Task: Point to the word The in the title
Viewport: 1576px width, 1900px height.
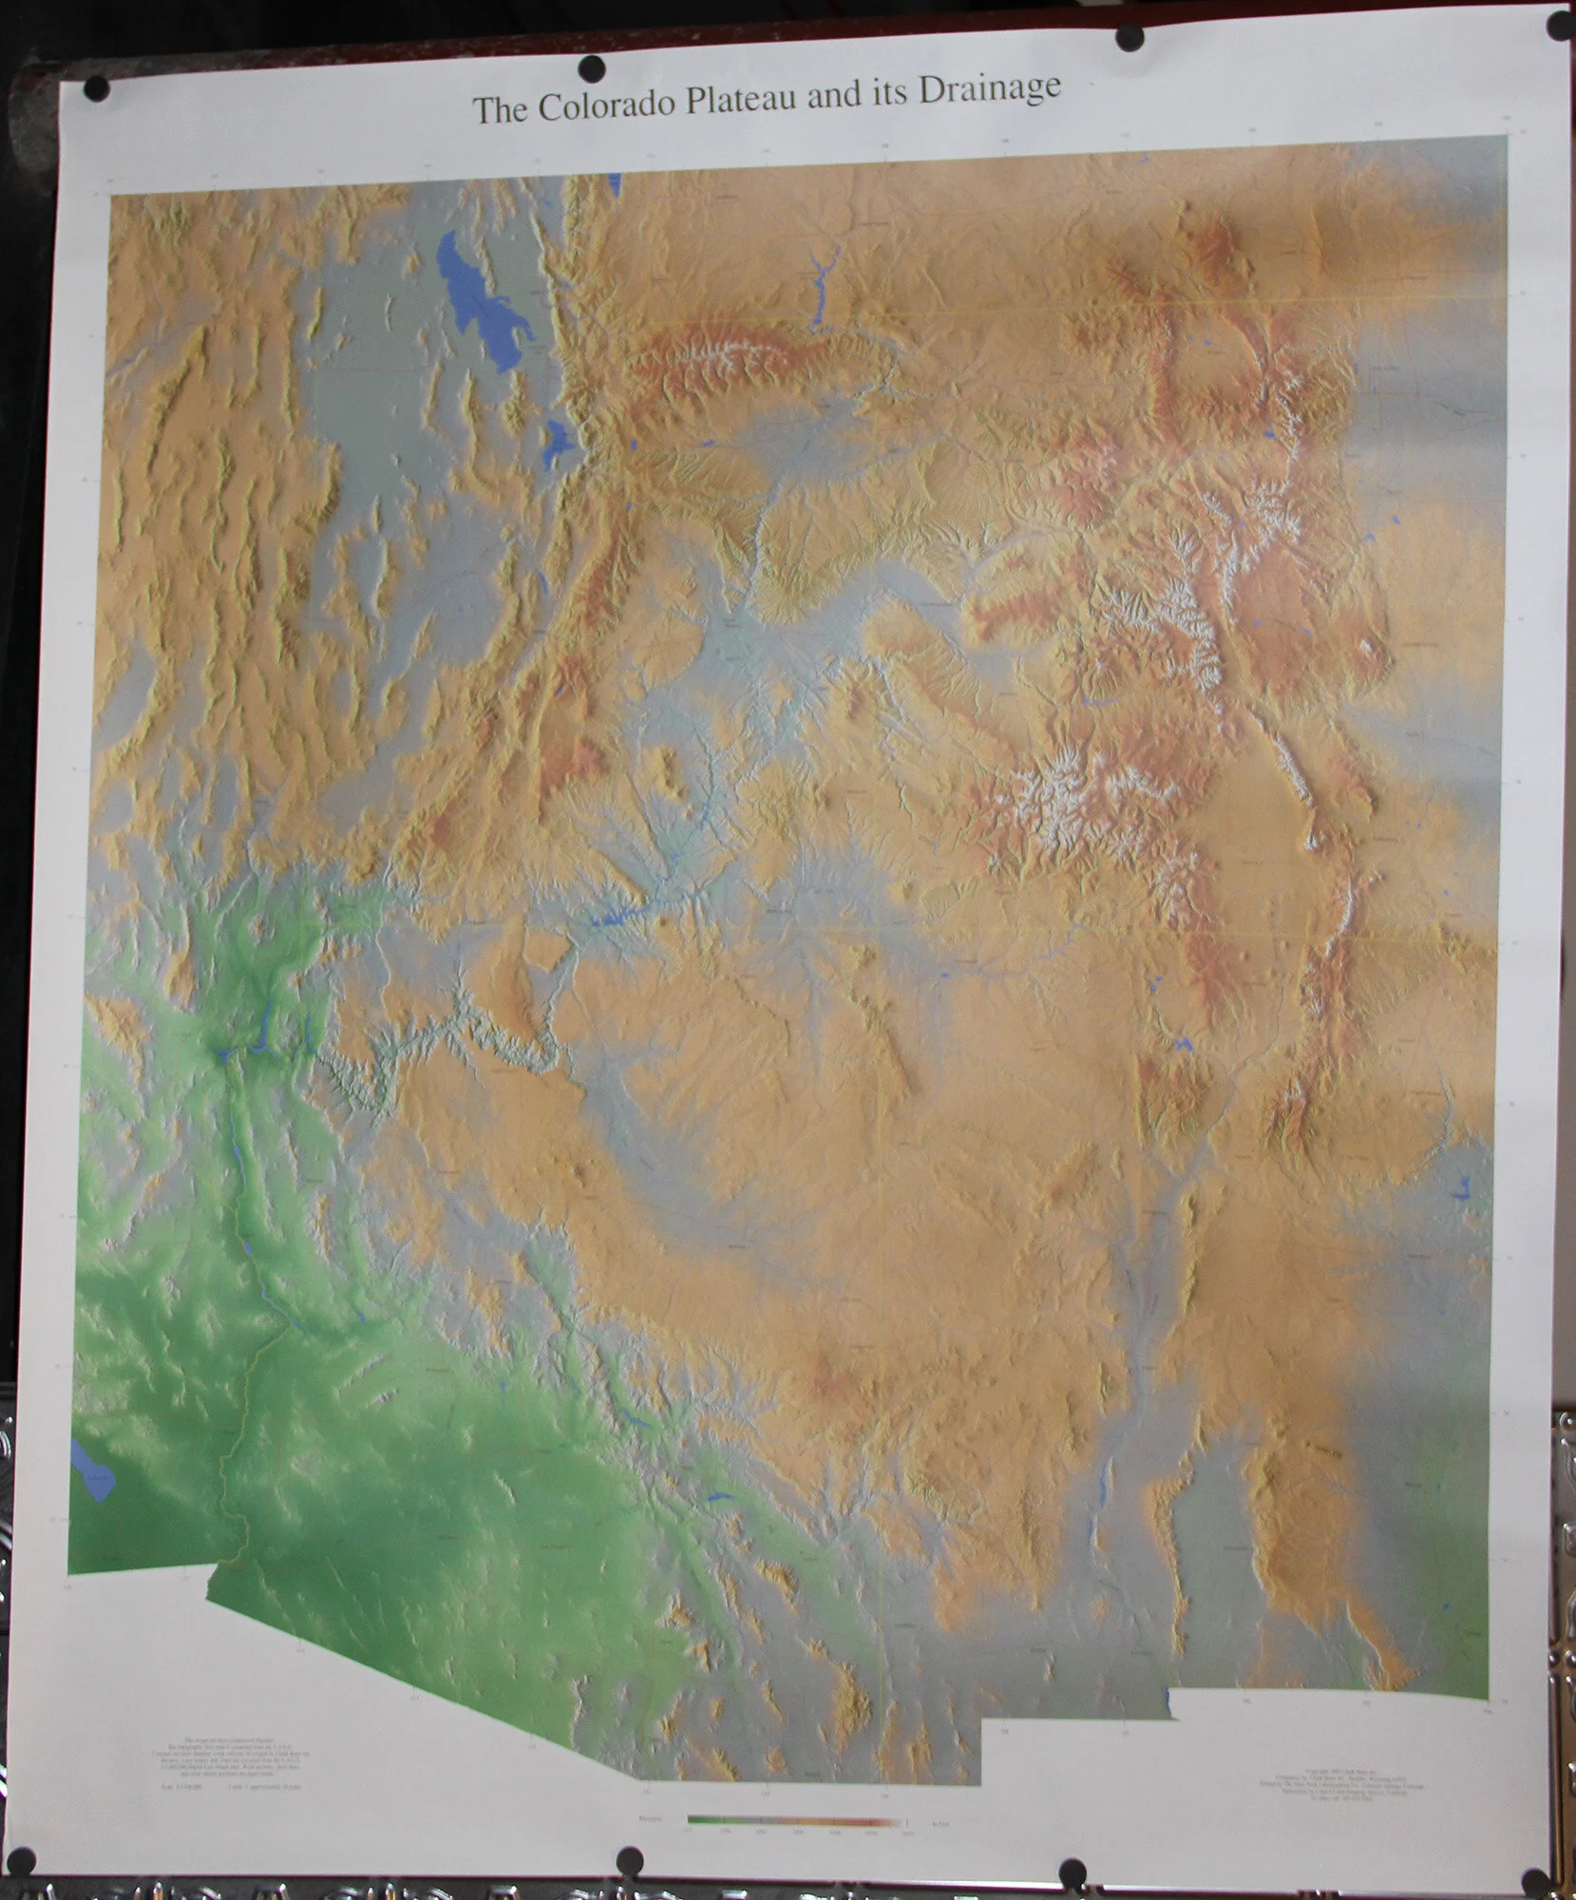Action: coord(499,110)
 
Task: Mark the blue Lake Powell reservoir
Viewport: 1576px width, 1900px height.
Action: coord(608,921)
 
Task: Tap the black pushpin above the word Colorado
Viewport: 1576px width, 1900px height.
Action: coord(591,68)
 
